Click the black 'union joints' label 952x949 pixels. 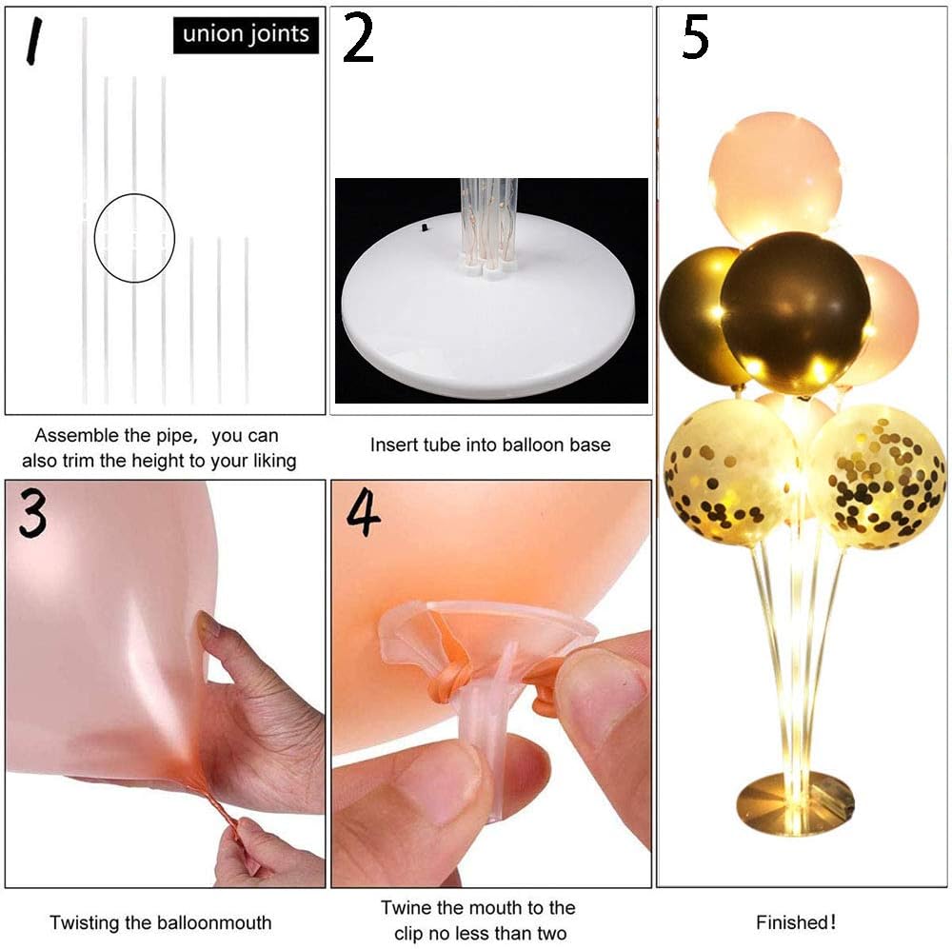coord(246,34)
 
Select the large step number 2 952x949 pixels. coord(358,38)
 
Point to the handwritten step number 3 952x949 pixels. coord(32,513)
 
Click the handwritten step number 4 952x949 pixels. coord(363,514)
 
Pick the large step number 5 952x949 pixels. coord(696,37)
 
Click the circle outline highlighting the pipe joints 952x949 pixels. coord(94,238)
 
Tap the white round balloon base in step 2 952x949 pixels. coord(487,308)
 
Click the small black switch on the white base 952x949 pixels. coord(425,228)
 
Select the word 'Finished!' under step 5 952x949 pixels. coord(796,922)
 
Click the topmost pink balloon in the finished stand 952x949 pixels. coord(776,178)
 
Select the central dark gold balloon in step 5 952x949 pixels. coord(796,313)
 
